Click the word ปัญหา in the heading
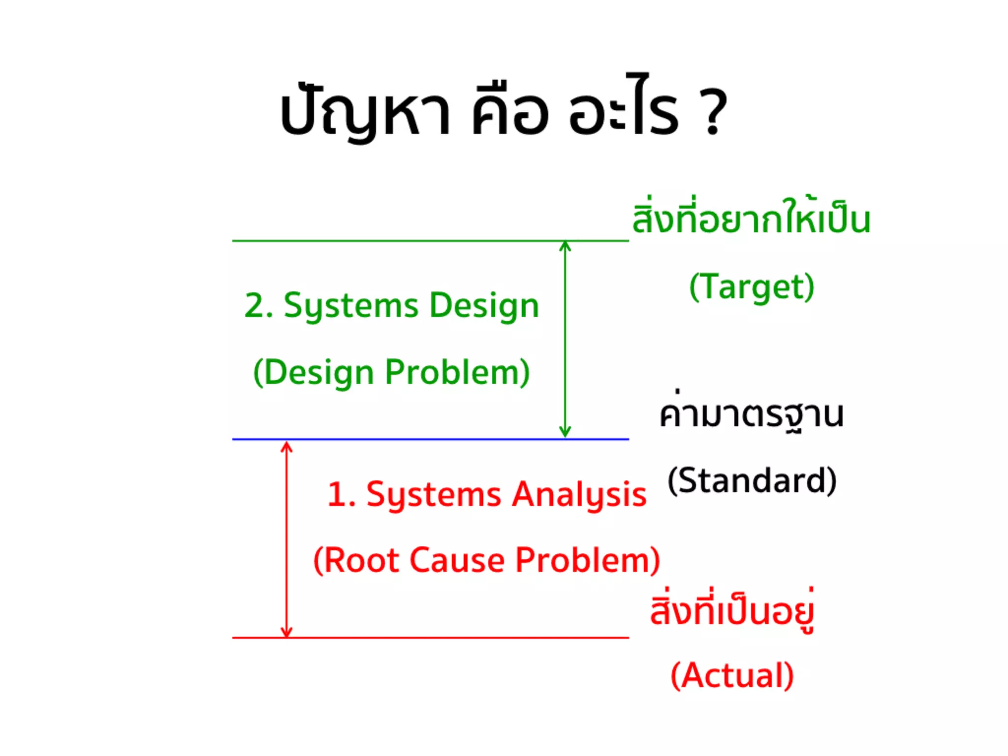coord(365,113)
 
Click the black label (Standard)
coord(752,481)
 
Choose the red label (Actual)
coord(732,675)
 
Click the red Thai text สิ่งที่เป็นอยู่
coord(732,610)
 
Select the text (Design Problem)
coord(391,373)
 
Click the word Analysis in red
coord(579,495)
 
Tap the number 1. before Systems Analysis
coord(341,495)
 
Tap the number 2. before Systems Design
coord(258,306)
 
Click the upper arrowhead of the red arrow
coord(286,446)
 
